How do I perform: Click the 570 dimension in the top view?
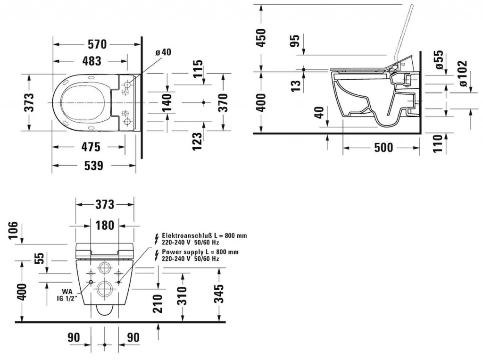(97, 44)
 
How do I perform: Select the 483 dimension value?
(92, 61)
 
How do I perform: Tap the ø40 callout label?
(163, 52)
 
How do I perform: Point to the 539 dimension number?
(93, 166)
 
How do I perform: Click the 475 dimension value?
(91, 147)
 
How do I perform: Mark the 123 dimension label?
(197, 141)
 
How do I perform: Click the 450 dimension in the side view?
(260, 38)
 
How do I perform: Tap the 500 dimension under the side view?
(383, 148)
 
